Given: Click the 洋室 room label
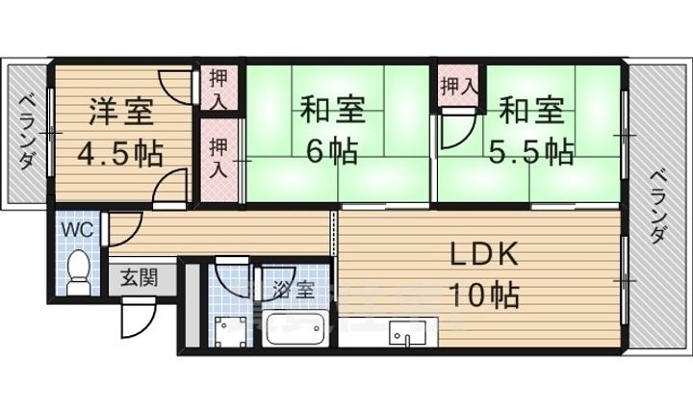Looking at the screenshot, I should tap(121, 112).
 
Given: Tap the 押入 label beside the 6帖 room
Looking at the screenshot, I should tap(220, 157).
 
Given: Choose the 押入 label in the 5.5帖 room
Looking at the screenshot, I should tap(457, 87).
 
